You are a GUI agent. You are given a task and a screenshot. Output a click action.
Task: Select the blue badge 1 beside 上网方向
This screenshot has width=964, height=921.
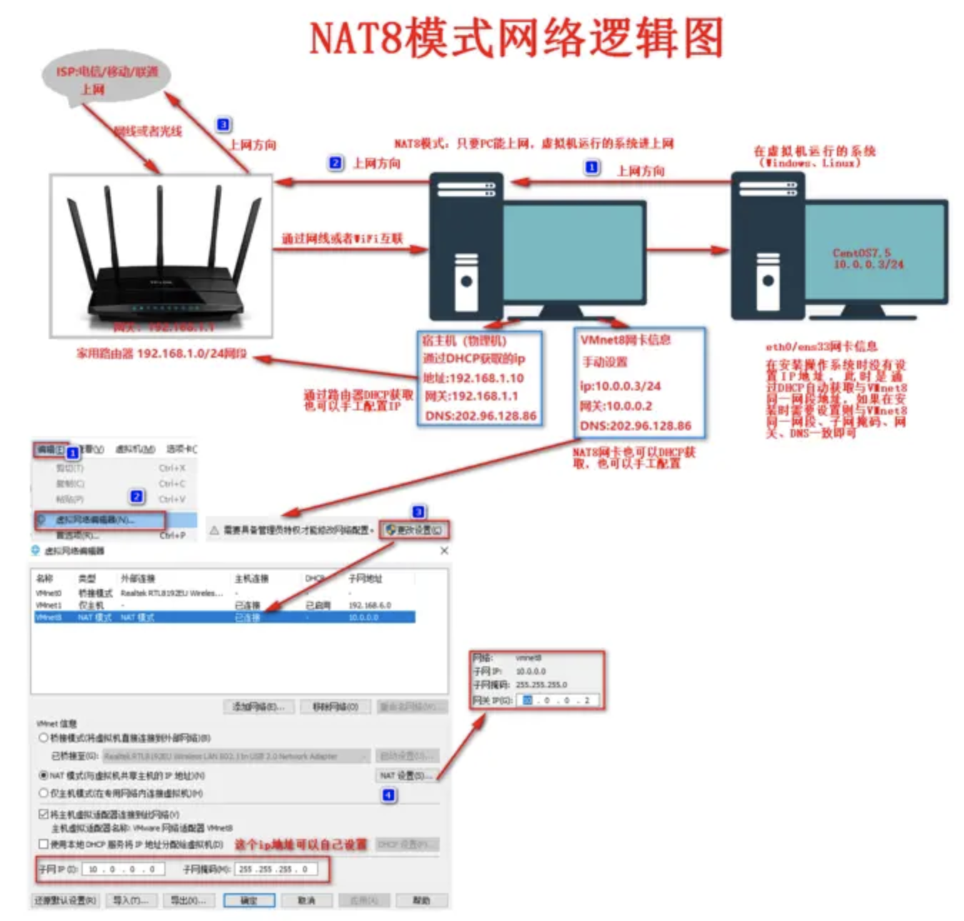[592, 168]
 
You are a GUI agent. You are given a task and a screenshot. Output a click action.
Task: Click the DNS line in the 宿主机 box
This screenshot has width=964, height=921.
[480, 416]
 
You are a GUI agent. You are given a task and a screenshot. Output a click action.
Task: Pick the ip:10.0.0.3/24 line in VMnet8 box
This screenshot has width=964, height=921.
[620, 386]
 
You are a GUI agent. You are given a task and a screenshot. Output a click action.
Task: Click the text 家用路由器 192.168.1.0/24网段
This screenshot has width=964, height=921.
[161, 353]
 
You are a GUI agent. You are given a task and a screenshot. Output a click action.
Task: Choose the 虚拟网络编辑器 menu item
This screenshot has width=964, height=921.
[100, 520]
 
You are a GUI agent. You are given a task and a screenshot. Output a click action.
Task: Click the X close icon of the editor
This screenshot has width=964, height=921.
[444, 550]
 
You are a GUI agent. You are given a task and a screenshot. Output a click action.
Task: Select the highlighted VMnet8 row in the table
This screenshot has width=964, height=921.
[224, 618]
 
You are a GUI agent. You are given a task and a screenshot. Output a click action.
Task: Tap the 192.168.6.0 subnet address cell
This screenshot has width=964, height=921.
[369, 605]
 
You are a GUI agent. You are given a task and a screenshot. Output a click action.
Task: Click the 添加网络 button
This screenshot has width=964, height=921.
[258, 707]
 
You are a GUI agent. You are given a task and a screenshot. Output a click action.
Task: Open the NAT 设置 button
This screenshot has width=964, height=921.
[406, 775]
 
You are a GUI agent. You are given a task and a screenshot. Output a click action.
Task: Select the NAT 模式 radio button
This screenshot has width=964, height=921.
[44, 775]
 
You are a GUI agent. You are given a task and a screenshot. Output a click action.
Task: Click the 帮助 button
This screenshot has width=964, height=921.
[421, 900]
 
